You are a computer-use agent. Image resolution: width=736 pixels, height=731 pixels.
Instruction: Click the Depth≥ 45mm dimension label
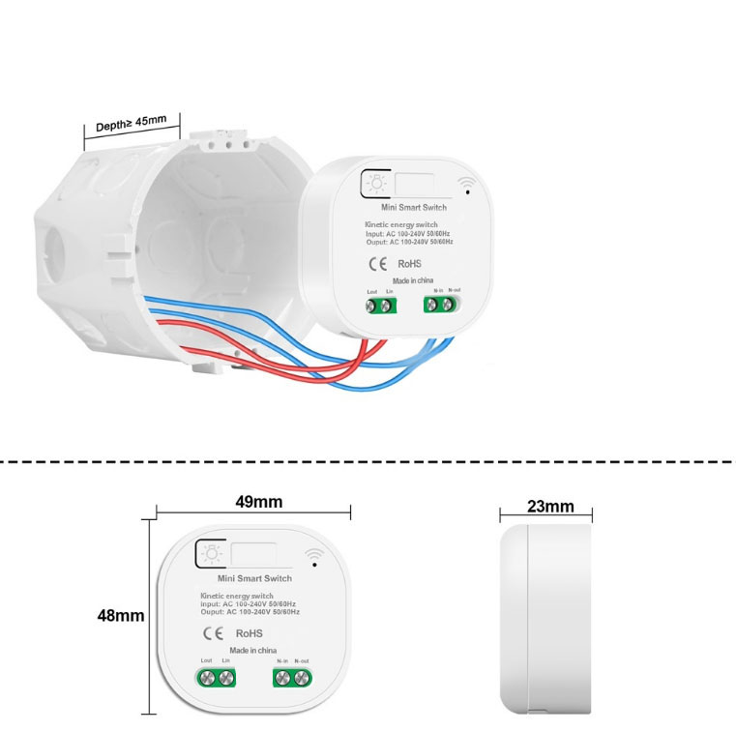132,125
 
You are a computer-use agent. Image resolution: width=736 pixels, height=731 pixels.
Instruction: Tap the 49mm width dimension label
258,502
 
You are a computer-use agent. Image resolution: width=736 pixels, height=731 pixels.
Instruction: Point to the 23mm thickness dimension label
550,506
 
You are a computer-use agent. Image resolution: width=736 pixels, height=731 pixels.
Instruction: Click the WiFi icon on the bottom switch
313,556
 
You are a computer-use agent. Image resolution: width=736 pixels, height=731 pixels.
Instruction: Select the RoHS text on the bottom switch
249,633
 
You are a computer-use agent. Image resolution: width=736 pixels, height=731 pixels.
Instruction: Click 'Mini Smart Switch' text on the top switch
414,208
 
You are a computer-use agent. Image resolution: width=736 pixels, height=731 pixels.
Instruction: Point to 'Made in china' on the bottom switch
253,651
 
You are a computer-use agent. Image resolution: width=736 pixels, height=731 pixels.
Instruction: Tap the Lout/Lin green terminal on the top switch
380,307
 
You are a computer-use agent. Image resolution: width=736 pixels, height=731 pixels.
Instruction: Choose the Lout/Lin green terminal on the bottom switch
216,677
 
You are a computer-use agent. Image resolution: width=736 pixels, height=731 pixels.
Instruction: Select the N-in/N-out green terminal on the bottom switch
293,677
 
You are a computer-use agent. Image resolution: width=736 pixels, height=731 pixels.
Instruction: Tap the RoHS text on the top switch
410,263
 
